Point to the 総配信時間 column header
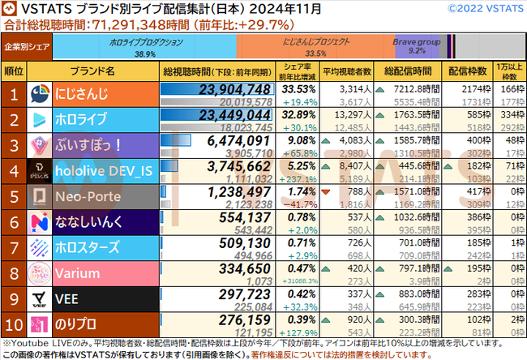tap(410, 70)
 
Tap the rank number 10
tap(14, 325)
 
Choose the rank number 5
tap(14, 196)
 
